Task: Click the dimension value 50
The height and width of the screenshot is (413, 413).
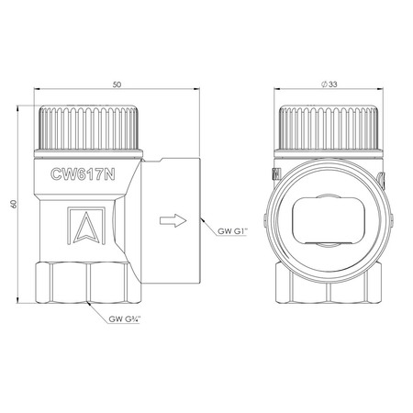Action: [x=117, y=84]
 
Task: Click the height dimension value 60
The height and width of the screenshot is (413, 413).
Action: [x=13, y=204]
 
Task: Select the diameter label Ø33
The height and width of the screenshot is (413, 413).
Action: [x=329, y=84]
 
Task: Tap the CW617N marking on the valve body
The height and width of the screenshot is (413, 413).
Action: [x=83, y=174]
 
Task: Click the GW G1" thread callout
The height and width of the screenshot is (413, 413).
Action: [x=232, y=231]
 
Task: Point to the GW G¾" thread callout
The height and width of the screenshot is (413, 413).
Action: [x=125, y=319]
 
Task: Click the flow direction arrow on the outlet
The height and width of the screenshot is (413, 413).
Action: [x=173, y=220]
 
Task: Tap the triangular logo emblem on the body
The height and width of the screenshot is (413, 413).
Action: [x=86, y=226]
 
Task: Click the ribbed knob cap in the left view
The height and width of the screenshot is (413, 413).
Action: [x=89, y=128]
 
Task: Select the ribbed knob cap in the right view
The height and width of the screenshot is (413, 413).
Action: [x=329, y=128]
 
